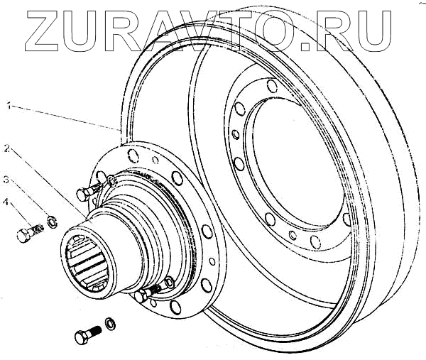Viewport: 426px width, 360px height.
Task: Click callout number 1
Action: click(8, 107)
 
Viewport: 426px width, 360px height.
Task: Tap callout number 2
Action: click(6, 149)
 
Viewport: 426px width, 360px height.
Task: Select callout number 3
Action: click(6, 178)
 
